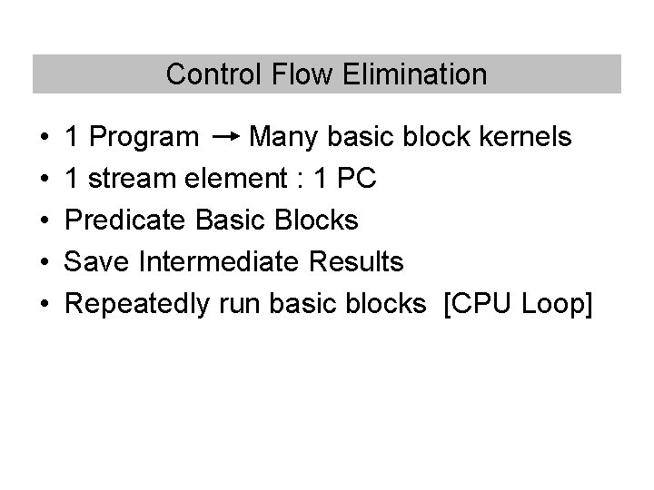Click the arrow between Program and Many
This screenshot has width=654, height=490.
[x=224, y=137]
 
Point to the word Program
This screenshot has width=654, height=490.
[x=144, y=138]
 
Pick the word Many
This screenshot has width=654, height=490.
[x=281, y=138]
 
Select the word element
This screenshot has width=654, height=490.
[x=234, y=179]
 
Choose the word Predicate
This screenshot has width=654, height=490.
[x=126, y=220]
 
